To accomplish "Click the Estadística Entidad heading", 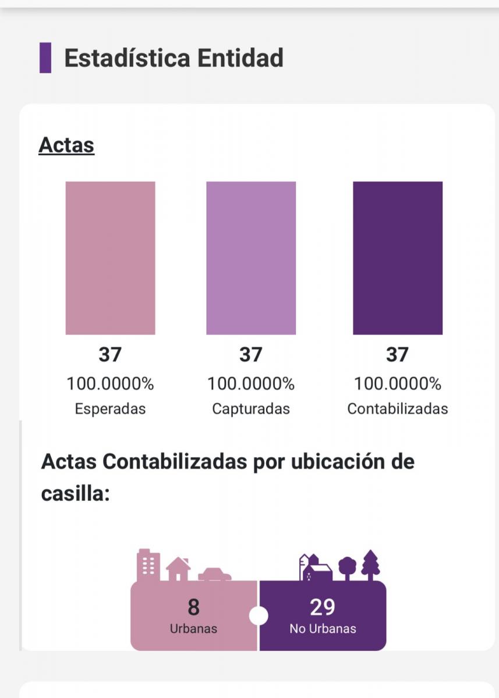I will [x=174, y=58].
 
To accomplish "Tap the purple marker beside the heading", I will [x=45, y=58].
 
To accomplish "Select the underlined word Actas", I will [x=66, y=145].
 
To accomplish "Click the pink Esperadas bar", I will [x=110, y=258].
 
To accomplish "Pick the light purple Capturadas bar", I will [x=251, y=258].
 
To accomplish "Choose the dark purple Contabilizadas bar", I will [x=398, y=258].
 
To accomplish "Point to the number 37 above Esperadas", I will [x=110, y=354].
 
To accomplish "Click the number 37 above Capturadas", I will [x=251, y=354].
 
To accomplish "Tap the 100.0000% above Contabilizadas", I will [x=398, y=384].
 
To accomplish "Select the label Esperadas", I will [x=110, y=409].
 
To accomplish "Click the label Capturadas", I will [x=251, y=409].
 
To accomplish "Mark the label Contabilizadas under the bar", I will [x=398, y=409].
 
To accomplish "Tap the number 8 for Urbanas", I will [x=193, y=607].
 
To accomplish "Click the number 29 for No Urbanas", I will [x=323, y=607].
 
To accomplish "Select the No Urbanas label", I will [x=323, y=629].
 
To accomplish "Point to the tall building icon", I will [x=148, y=565].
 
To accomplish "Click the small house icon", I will [x=178, y=569].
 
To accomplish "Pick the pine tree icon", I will [x=370, y=565].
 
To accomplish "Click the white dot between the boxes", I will [x=259, y=615].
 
